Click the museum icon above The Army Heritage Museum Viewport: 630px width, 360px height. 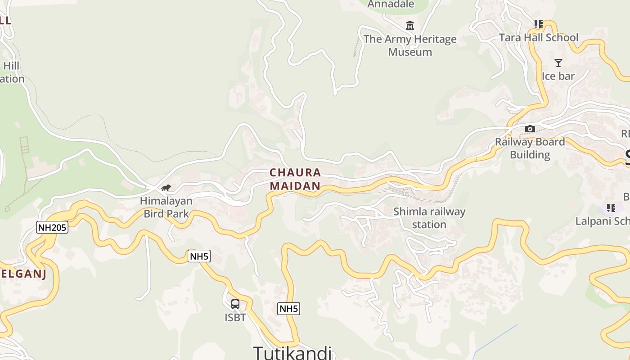(x=409, y=26)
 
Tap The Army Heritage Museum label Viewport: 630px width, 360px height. (x=410, y=45)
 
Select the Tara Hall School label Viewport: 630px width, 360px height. (x=539, y=37)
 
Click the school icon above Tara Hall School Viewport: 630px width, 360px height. (x=538, y=24)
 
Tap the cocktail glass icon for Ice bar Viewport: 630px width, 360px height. (x=558, y=63)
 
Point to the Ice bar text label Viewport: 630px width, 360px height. (x=558, y=76)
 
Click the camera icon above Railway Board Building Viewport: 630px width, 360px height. (x=530, y=129)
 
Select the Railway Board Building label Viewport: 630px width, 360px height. (x=530, y=148)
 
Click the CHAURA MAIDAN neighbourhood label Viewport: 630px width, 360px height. (x=295, y=179)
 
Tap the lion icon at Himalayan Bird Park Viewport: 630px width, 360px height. (x=166, y=188)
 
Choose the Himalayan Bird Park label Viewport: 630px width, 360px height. (x=166, y=207)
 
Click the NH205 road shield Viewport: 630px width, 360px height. (x=52, y=227)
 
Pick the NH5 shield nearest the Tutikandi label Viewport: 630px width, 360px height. (x=288, y=309)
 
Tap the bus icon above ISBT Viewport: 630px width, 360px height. (x=235, y=304)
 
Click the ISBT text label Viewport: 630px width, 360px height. (x=235, y=318)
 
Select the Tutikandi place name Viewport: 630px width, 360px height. (x=292, y=352)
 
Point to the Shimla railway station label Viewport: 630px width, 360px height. (x=429, y=218)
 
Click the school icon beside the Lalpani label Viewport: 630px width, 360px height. (x=611, y=208)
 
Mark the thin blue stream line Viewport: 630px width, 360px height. (x=495, y=338)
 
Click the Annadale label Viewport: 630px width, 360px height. (x=391, y=4)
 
